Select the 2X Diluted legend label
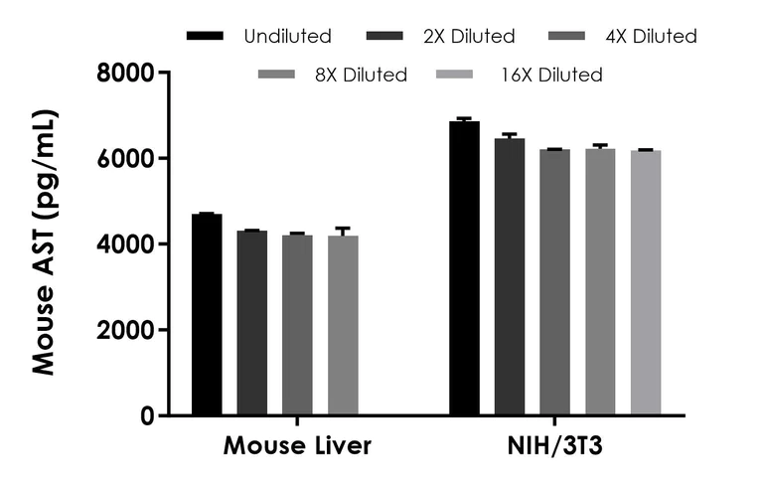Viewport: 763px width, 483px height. [x=468, y=37]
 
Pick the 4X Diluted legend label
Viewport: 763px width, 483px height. [x=650, y=37]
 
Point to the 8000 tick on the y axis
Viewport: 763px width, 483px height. [x=164, y=73]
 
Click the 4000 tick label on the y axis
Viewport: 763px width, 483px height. [x=125, y=244]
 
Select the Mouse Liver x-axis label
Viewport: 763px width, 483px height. [x=297, y=446]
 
